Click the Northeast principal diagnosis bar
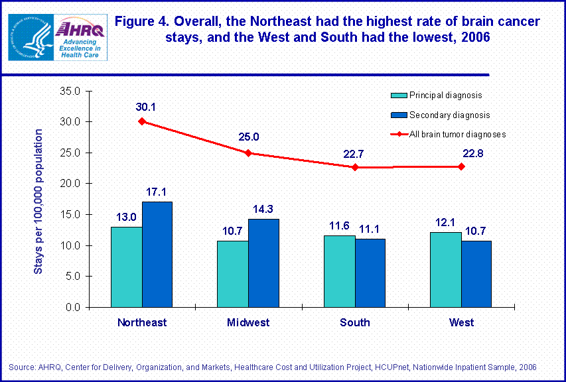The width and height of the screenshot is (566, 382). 126,267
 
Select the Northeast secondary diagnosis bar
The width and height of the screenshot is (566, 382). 157,254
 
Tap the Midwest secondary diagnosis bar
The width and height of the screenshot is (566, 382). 263,263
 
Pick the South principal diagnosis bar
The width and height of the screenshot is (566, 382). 339,271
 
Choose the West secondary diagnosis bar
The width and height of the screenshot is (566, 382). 476,274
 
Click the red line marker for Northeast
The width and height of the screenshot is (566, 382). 142,121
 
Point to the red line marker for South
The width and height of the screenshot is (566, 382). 355,167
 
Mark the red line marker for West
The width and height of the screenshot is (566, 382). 461,166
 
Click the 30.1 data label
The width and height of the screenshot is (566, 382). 142,106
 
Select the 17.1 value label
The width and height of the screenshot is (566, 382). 157,192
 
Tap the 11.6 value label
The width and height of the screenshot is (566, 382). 339,225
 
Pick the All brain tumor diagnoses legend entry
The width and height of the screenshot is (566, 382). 448,134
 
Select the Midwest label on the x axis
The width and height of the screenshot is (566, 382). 248,323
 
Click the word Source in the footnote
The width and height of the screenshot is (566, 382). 20,367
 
